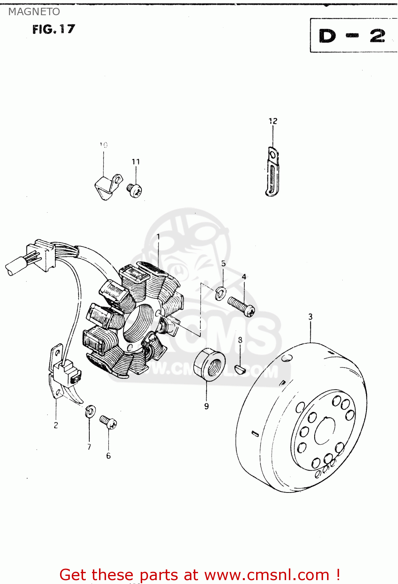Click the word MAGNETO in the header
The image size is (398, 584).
(34, 12)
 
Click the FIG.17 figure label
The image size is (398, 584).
(53, 29)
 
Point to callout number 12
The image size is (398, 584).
(273, 121)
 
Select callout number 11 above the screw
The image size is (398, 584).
(136, 162)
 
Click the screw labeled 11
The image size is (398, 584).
(134, 190)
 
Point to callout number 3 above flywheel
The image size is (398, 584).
(310, 317)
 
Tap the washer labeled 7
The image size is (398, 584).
(90, 411)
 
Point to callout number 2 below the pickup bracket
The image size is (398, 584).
(56, 426)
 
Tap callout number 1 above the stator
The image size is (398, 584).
(158, 236)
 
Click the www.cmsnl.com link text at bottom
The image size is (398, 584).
(267, 575)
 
